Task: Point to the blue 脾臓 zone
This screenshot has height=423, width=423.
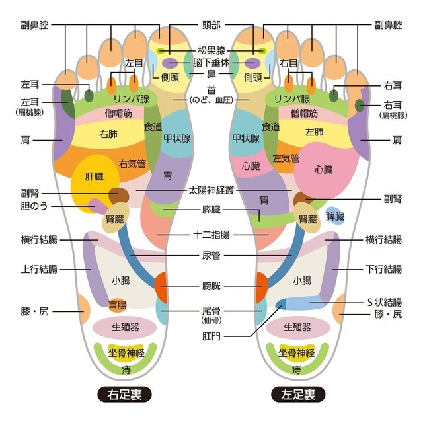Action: [x=335, y=216]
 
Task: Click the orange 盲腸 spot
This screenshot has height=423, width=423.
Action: [x=118, y=305]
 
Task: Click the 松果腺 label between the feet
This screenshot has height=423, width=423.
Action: [x=211, y=50]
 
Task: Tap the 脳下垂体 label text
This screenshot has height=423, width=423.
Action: [x=211, y=63]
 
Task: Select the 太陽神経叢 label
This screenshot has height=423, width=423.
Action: [x=211, y=190]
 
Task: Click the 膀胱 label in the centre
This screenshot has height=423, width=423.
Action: [x=211, y=288]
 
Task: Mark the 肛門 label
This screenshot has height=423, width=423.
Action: [x=211, y=335]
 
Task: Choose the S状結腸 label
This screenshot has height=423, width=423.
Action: [x=384, y=302]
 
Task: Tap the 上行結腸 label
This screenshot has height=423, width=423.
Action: [x=39, y=269]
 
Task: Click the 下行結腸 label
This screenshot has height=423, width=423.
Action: [x=384, y=269]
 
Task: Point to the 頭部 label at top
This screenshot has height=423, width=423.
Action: [x=211, y=25]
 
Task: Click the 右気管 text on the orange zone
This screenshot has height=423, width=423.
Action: [x=132, y=163]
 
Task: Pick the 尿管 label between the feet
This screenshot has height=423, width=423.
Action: [x=211, y=254]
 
